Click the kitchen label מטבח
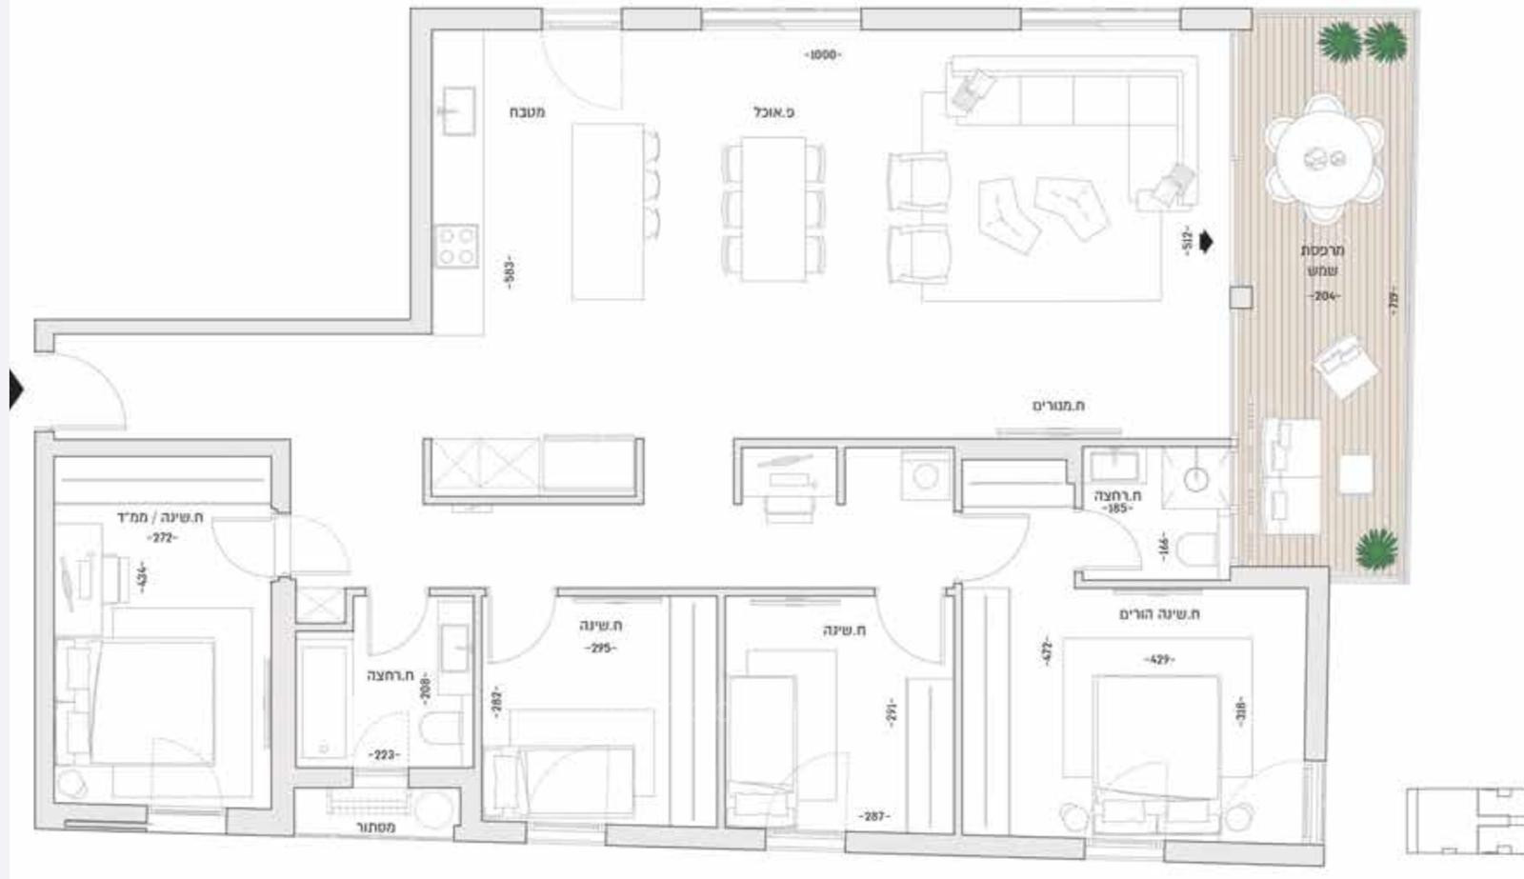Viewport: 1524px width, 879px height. (527, 112)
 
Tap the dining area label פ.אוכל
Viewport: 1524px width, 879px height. (773, 112)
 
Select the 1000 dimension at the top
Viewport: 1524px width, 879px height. (823, 55)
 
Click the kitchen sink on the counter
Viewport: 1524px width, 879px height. (458, 110)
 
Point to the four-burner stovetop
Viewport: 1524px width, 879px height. (456, 246)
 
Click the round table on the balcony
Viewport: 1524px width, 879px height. (1324, 158)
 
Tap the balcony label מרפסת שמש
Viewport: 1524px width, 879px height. (1322, 260)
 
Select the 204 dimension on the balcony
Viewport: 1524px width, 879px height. (1323, 296)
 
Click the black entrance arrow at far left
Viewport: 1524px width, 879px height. (15, 389)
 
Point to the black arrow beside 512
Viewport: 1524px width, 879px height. (1207, 242)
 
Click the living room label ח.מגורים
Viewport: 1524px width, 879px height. (1058, 406)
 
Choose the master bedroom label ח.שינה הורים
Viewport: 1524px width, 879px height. (1158, 614)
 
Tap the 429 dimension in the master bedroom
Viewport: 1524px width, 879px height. (1159, 659)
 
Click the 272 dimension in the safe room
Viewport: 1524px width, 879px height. (162, 538)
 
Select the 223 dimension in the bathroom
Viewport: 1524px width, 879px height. (384, 755)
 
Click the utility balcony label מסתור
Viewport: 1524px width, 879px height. (375, 828)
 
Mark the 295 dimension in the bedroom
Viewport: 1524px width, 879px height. (600, 649)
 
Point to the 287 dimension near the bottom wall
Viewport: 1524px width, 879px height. (873, 816)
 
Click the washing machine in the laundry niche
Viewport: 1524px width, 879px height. (926, 475)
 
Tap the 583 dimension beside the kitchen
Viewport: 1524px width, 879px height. (510, 271)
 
